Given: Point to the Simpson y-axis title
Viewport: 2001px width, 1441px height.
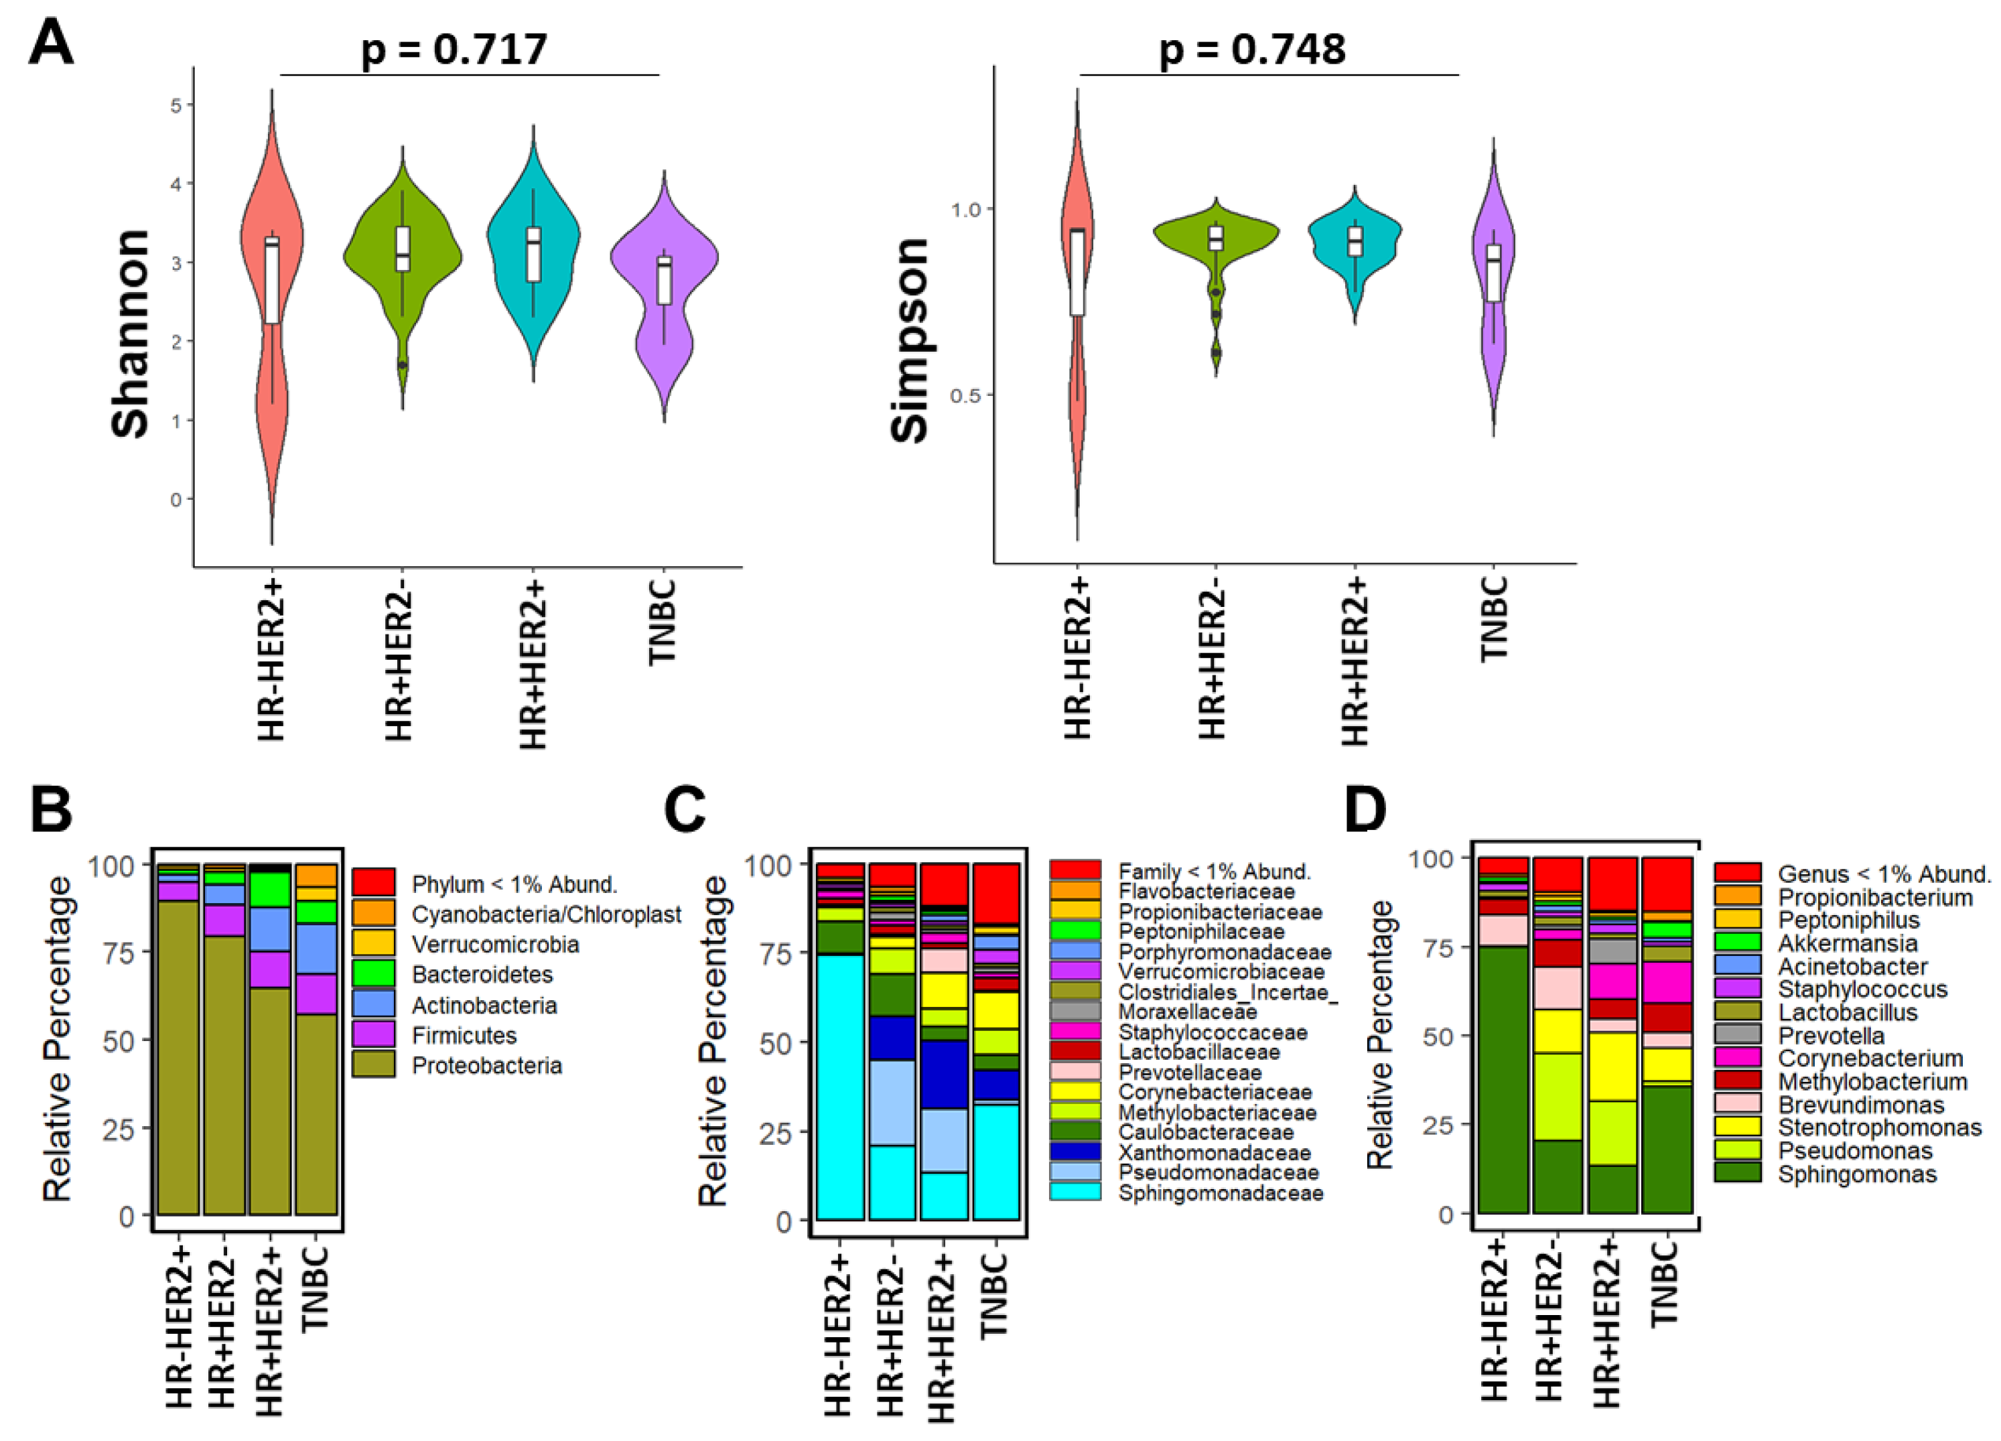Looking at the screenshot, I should (910, 340).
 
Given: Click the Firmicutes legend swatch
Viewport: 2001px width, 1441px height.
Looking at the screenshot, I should (373, 1034).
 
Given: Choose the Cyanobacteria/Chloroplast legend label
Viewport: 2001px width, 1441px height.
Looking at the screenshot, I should (546, 914).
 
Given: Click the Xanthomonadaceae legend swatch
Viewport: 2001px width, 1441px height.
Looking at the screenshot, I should (1075, 1152).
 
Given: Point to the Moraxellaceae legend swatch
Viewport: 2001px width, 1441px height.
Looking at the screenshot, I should (1075, 1012).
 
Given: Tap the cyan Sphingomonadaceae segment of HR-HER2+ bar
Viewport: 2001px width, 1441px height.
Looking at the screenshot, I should (840, 1085).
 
